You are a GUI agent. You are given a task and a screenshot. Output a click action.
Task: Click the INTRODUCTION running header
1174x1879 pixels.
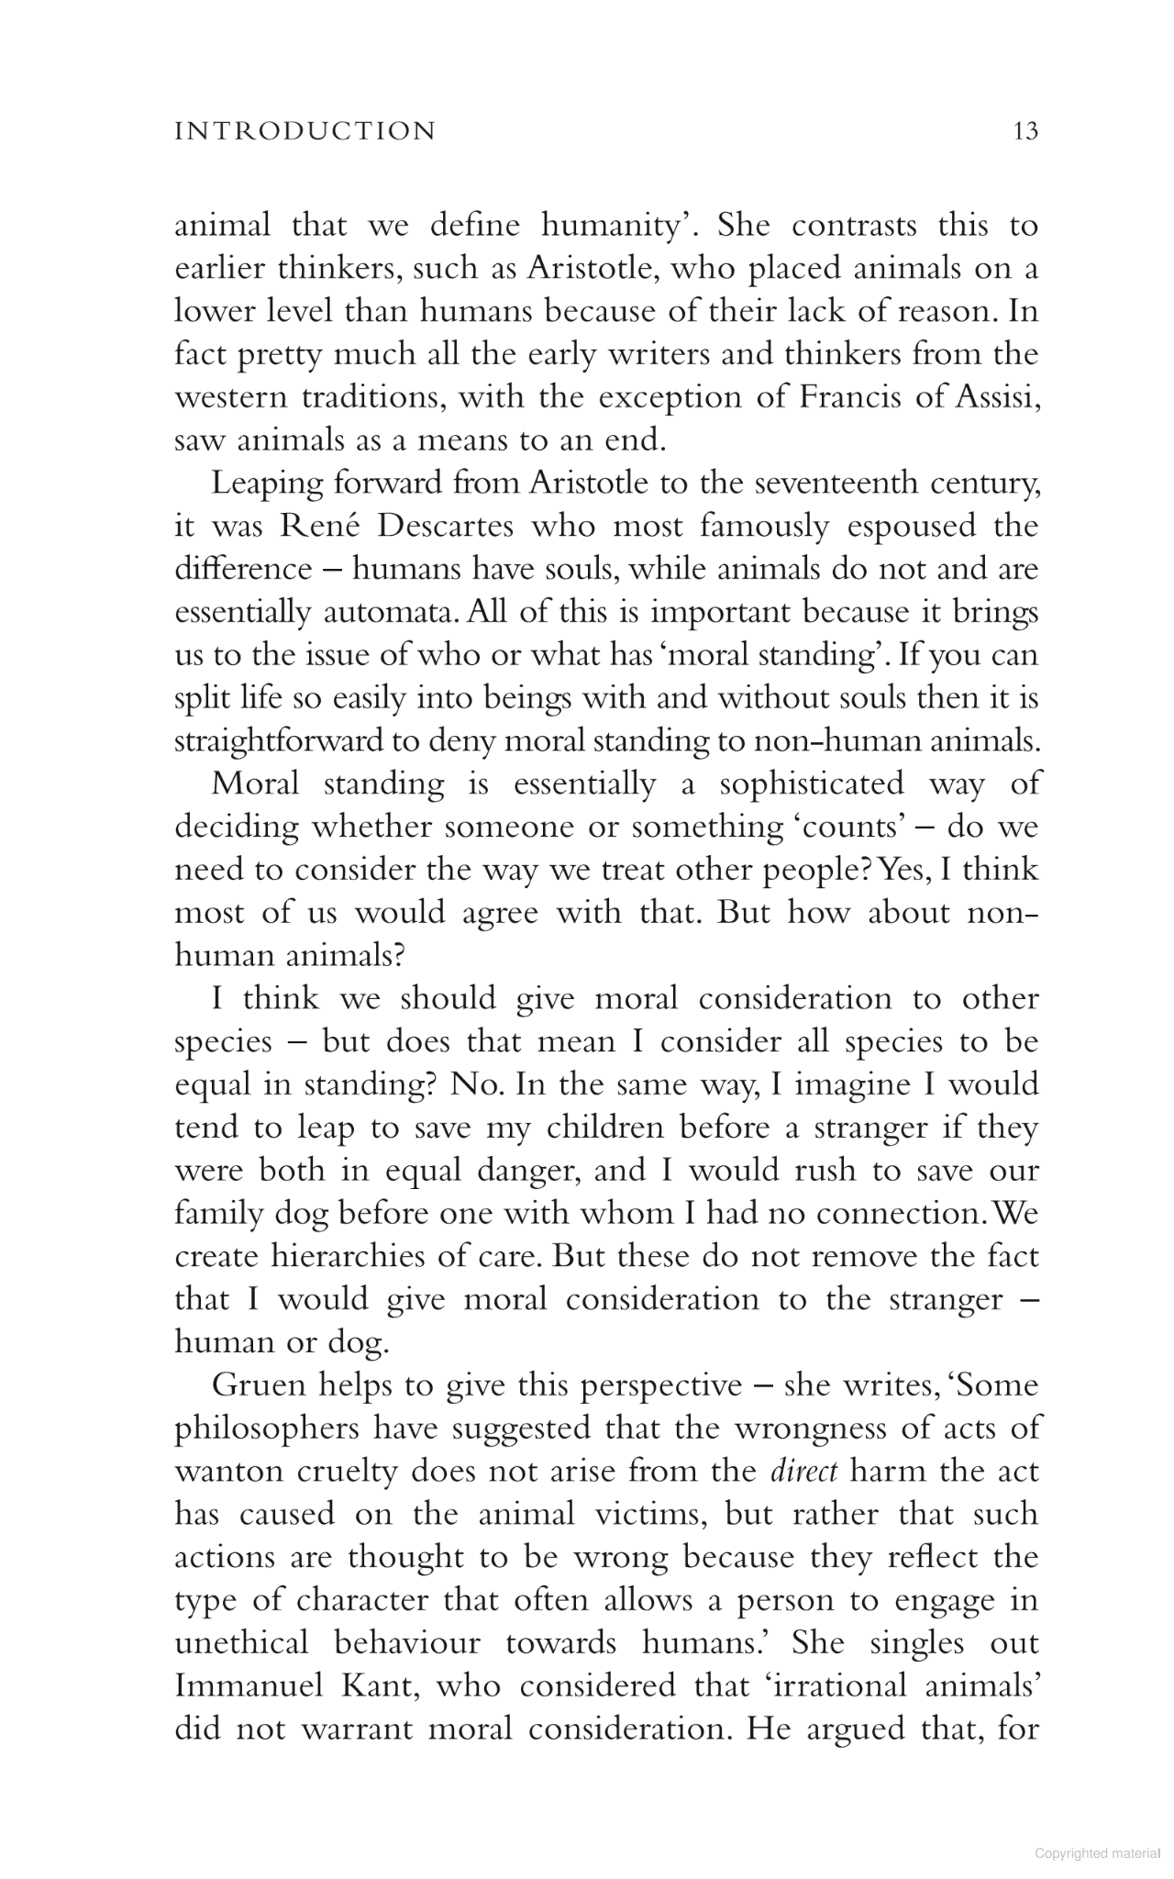[305, 131]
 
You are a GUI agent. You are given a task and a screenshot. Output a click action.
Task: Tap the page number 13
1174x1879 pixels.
[1025, 131]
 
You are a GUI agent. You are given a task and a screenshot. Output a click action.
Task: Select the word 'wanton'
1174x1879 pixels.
[225, 1472]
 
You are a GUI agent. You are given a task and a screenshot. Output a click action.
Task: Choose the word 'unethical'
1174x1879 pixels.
[241, 1642]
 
